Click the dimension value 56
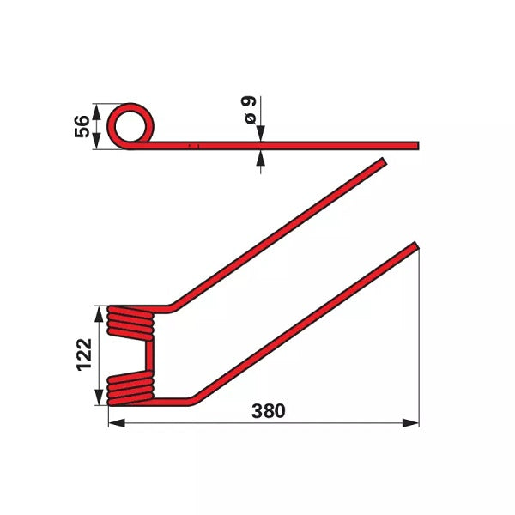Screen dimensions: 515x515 click(82, 126)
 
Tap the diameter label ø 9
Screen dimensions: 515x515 click(250, 110)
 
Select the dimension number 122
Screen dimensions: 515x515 click(84, 354)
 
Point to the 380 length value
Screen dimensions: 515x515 click(269, 411)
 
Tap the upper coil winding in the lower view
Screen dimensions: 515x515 click(130, 323)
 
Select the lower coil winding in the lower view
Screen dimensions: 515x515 click(130, 389)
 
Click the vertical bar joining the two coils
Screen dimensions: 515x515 click(149, 355)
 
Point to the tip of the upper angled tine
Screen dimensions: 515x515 click(385, 161)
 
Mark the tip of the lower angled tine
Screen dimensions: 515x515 click(416, 245)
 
